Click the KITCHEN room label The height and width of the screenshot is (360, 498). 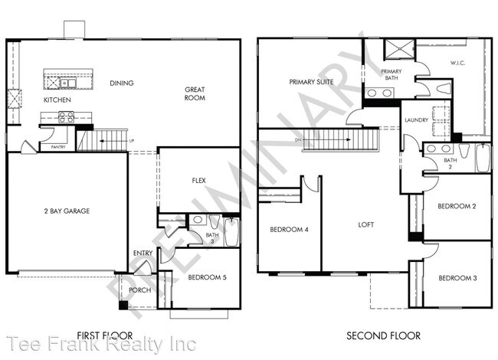click(57, 100)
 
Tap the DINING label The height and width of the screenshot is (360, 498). click(122, 83)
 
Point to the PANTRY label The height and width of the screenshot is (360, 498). click(57, 146)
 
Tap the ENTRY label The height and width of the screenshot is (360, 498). click(143, 254)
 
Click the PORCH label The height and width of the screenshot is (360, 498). click(139, 290)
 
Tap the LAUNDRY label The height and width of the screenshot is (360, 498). click(415, 119)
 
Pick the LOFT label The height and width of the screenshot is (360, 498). click(366, 224)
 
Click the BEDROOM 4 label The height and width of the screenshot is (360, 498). click(289, 229)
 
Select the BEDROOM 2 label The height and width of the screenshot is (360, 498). click(457, 206)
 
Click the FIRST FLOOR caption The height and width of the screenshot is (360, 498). click(105, 335)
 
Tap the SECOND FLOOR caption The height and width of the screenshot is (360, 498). click(384, 335)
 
